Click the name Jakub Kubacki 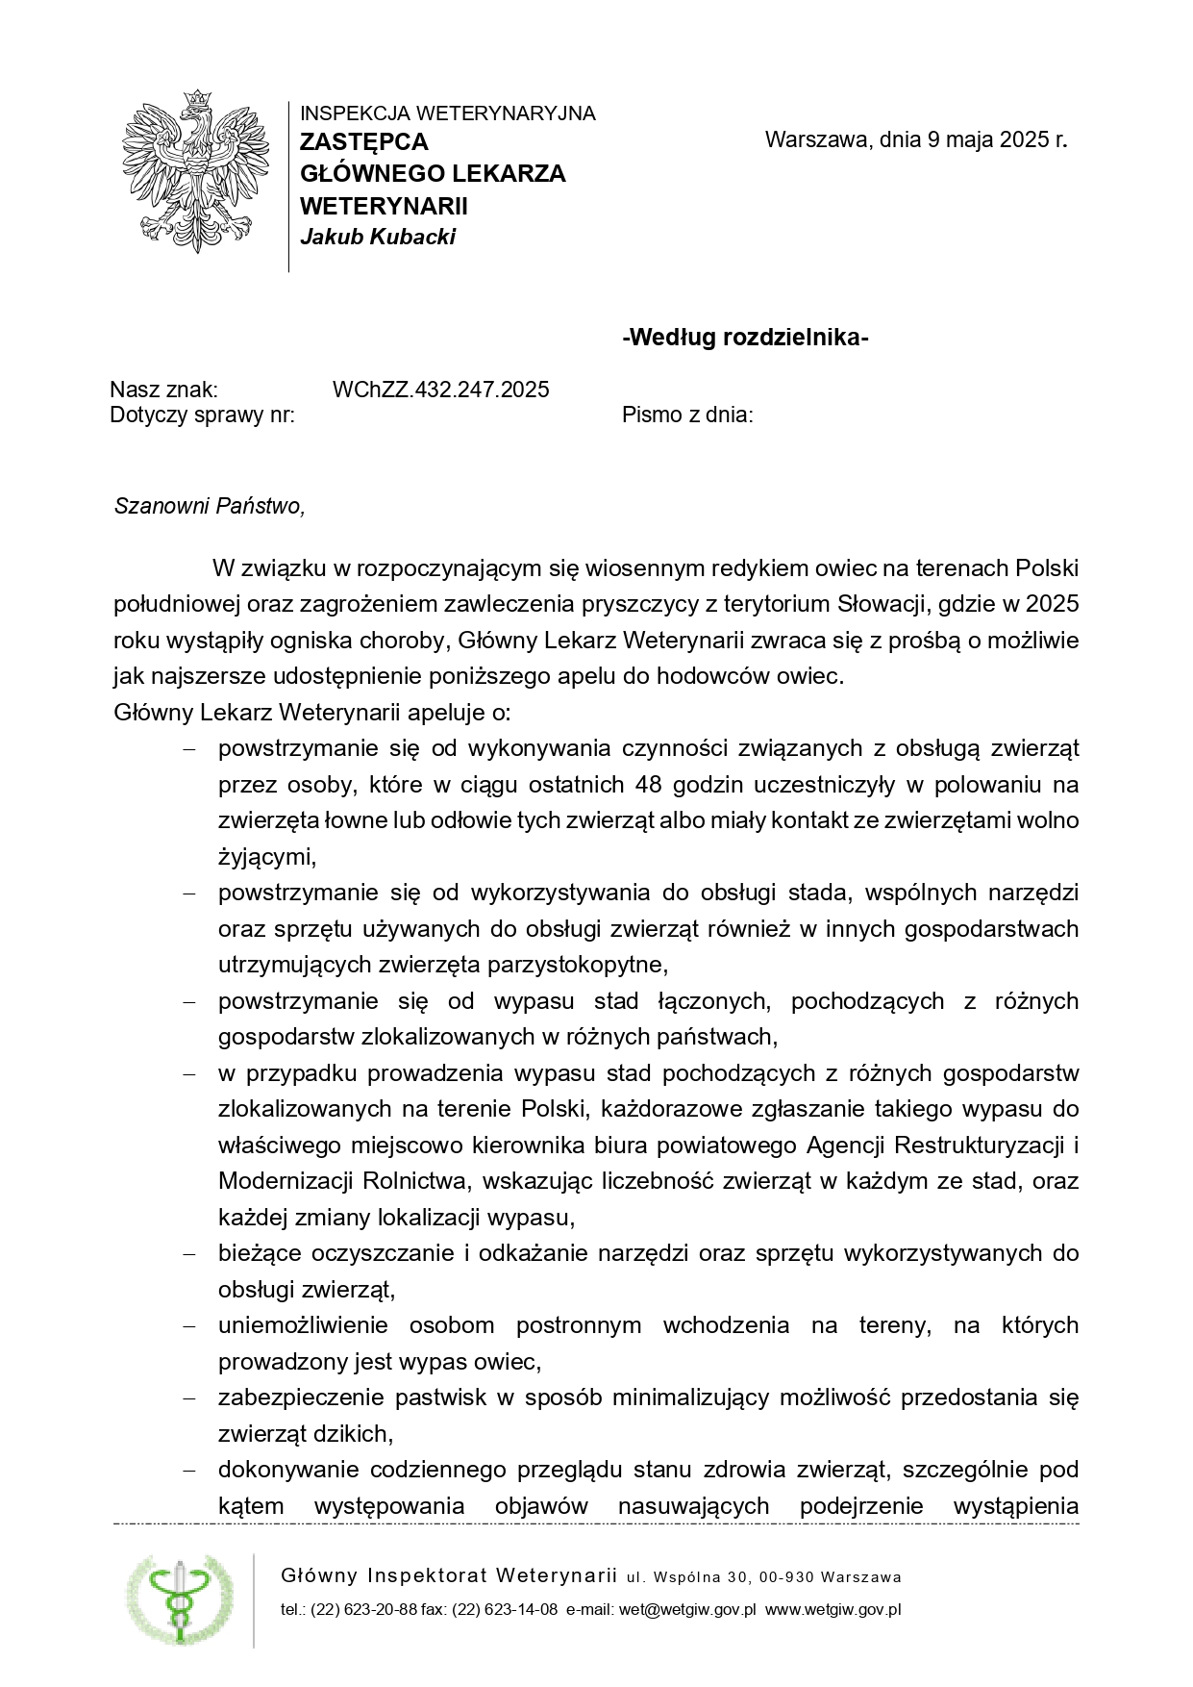pos(378,238)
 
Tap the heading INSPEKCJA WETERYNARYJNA pos(447,113)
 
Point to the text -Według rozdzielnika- pos(746,338)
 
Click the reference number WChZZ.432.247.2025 pos(440,390)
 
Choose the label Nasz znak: pos(163,390)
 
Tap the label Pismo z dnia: pos(687,415)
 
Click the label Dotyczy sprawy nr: pos(202,415)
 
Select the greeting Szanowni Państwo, pos(210,506)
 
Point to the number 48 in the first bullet pos(649,785)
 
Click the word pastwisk pos(441,1397)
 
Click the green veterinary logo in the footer pos(180,1600)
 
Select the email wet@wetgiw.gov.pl pos(687,1610)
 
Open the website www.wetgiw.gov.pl pos(833,1610)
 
